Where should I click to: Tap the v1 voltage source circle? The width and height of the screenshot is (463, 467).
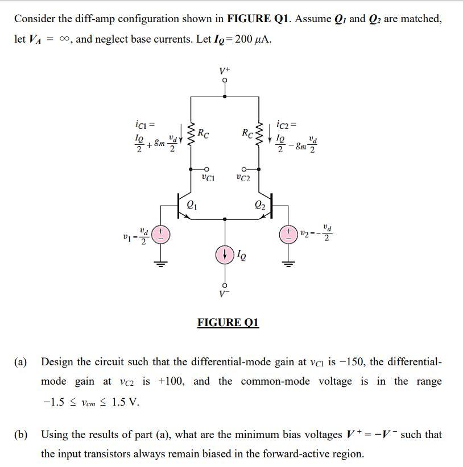160,235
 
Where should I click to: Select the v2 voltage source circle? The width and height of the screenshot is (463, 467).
290,235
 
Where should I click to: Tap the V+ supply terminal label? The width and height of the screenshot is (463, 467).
225,72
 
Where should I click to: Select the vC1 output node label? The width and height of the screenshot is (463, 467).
208,178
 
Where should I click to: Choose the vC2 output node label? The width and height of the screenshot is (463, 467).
243,178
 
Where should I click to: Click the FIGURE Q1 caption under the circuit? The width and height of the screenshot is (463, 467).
228,323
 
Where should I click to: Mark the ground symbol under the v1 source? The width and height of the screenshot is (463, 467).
160,263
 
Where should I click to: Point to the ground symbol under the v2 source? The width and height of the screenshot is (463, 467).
290,263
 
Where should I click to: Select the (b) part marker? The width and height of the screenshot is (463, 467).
22,435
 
